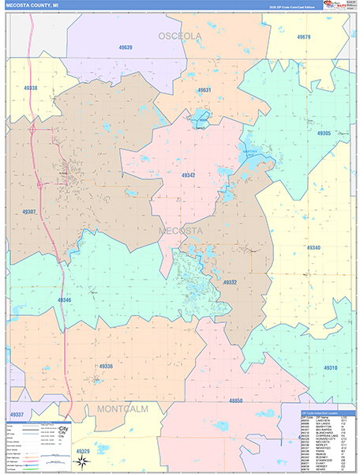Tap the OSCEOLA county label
coord(180,36)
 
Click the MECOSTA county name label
coord(181,231)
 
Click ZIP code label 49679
coord(304,37)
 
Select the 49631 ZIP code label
coord(204,90)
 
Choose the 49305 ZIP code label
coord(324,134)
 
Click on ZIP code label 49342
coord(188,175)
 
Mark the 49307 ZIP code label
coord(29,212)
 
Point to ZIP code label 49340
coord(313,248)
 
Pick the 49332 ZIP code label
coord(230,282)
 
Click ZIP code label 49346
coord(64,300)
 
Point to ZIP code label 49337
coord(17,414)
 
